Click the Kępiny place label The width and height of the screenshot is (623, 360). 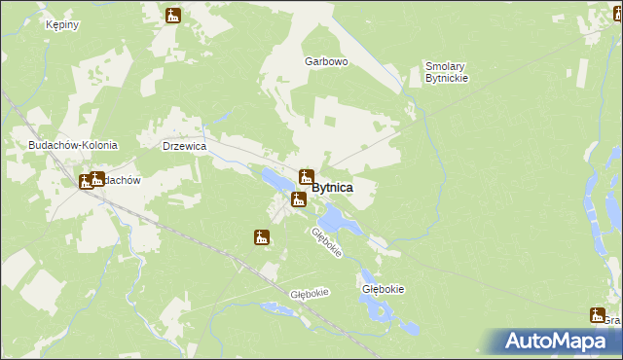coord(61,24)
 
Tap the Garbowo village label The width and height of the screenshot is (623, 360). coord(326,61)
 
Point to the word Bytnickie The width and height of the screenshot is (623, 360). coord(447,79)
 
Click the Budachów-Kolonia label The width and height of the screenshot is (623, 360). coord(73,145)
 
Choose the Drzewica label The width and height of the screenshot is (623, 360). coord(184,146)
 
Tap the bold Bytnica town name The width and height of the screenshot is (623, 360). coord(333,187)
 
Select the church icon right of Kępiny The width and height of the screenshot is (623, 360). coord(173,16)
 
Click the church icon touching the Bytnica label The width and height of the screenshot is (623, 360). coord(306,177)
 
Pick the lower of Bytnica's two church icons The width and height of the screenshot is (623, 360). coord(299,199)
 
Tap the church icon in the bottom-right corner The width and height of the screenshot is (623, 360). coord(597,314)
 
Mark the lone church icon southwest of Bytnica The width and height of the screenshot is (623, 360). coord(261,237)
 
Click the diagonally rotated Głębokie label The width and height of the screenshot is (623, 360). coord(327,243)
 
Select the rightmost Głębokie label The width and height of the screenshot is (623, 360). coord(383,289)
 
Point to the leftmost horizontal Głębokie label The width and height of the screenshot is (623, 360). coord(310,293)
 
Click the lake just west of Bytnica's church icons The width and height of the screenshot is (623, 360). coord(275,179)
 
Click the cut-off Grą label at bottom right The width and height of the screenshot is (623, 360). coord(612,320)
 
